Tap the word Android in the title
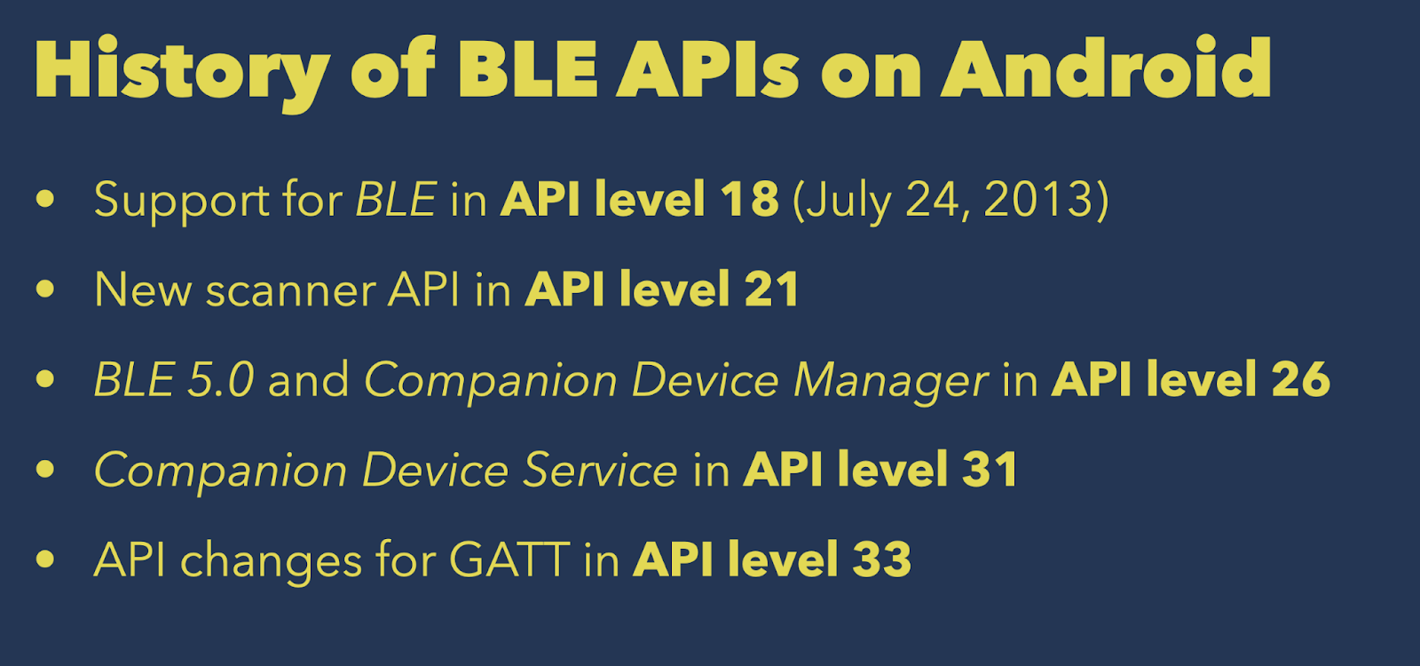pos(1106,67)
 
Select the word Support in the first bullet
pos(182,201)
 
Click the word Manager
pos(891,382)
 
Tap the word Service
pos(600,470)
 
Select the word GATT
pos(509,560)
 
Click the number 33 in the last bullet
pos(882,559)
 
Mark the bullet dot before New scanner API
pos(45,289)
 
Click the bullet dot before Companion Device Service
pos(45,469)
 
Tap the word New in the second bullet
pos(143,289)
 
